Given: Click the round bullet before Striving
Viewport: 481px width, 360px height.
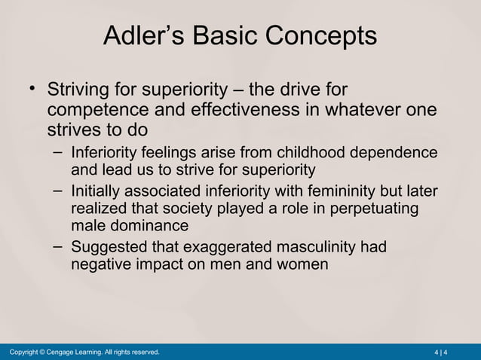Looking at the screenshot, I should pyautogui.click(x=32, y=90).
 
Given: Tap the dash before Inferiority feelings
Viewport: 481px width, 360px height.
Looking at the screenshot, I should pyautogui.click(x=59, y=151).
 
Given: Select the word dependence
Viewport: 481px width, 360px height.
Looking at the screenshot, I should pyautogui.click(x=396, y=153).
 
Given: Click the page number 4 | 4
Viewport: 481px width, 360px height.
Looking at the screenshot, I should pyautogui.click(x=441, y=352).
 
